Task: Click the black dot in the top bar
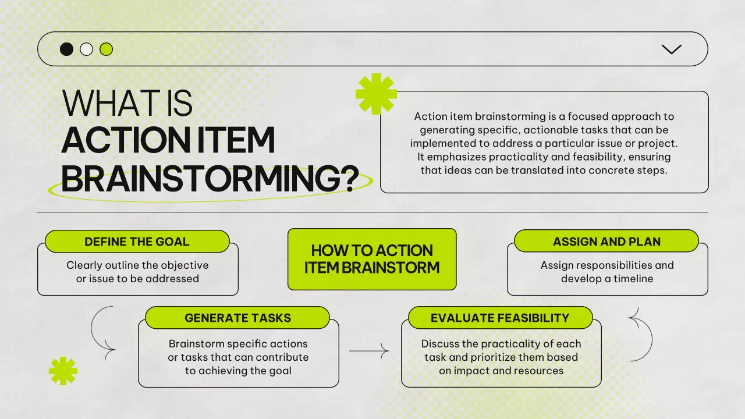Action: tap(66, 49)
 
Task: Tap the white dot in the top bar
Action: tap(87, 49)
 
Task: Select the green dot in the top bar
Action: tap(106, 49)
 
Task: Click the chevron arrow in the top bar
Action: tap(672, 49)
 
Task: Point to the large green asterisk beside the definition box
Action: tap(376, 94)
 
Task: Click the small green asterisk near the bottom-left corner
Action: tap(63, 371)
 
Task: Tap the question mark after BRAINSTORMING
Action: tap(350, 179)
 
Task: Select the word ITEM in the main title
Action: tap(236, 140)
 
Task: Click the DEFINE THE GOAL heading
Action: tap(137, 242)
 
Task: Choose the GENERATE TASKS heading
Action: tap(238, 318)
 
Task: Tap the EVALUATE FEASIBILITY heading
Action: tap(500, 318)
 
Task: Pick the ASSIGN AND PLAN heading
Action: tap(606, 242)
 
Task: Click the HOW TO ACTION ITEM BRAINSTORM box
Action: tap(372, 259)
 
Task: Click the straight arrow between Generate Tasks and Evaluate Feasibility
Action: tap(369, 351)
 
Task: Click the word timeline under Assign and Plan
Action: tap(633, 279)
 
